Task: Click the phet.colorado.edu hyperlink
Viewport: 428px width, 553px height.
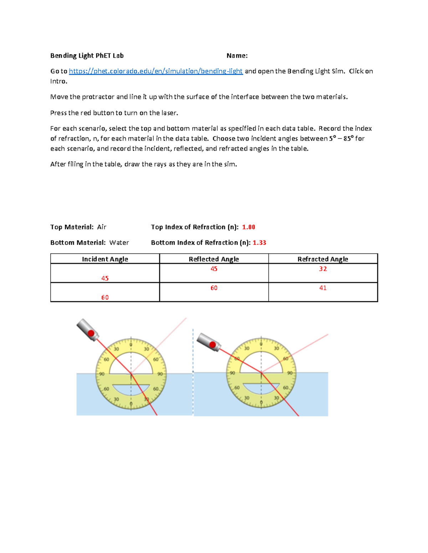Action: coord(156,71)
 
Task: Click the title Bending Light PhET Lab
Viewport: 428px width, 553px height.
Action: coord(87,56)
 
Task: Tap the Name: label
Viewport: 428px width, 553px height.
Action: coord(237,56)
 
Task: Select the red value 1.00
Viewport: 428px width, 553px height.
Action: coord(249,227)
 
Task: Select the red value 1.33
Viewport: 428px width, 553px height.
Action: coord(259,243)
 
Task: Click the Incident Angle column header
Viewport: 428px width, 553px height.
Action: coord(105,259)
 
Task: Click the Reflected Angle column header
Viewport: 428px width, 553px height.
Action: coord(214,259)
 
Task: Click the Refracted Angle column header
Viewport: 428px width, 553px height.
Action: coord(323,259)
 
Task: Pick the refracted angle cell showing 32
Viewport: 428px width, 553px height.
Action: coord(323,269)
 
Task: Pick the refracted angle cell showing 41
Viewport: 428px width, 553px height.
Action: coord(323,288)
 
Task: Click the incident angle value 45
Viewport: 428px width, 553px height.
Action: coord(105,278)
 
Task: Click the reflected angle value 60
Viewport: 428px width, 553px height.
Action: coord(214,288)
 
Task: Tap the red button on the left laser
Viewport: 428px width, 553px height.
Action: coord(91,334)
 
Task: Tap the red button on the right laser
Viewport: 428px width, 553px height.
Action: coord(213,344)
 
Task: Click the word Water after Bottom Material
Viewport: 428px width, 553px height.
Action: coord(119,243)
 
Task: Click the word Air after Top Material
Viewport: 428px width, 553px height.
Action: coord(102,227)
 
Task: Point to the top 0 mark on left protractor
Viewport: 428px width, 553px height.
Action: coord(131,345)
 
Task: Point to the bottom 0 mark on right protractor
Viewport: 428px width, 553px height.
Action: coord(261,403)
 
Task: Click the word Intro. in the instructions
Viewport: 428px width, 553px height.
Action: coord(58,81)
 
